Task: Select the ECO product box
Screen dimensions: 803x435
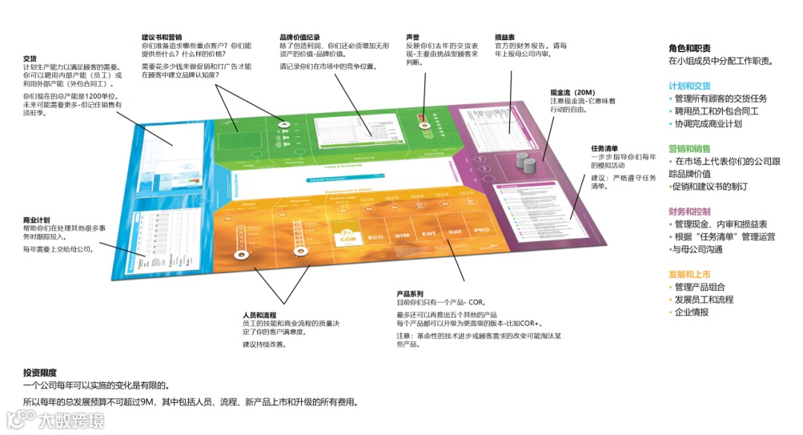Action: pyautogui.click(x=375, y=237)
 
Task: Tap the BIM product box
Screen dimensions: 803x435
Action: pyautogui.click(x=402, y=236)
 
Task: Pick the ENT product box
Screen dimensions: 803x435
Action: pyautogui.click(x=429, y=233)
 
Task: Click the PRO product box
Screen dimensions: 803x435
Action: pyautogui.click(x=481, y=230)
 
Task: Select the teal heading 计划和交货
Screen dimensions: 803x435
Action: pyautogui.click(x=689, y=86)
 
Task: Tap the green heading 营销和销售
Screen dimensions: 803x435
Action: pyautogui.click(x=689, y=148)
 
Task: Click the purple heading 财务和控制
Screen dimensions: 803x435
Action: pyautogui.click(x=689, y=211)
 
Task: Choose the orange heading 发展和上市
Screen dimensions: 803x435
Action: pyautogui.click(x=689, y=274)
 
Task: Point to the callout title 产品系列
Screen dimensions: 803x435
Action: pyautogui.click(x=410, y=294)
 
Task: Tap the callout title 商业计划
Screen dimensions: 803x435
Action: pyautogui.click(x=36, y=220)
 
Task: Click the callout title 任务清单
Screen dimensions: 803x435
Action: pyautogui.click(x=604, y=148)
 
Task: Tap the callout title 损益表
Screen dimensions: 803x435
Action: pyautogui.click(x=505, y=36)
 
